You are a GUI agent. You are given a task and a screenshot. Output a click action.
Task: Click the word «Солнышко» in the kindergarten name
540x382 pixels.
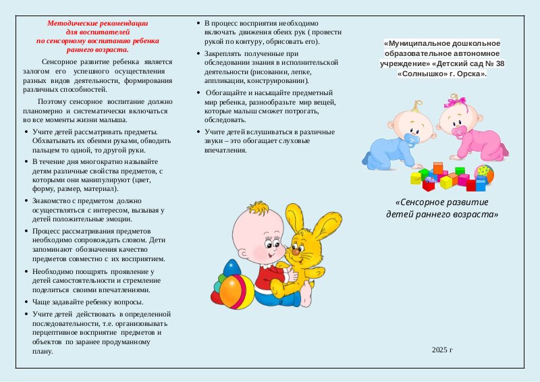(x=418, y=73)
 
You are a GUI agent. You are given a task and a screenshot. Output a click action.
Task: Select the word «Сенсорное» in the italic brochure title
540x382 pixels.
(x=421, y=202)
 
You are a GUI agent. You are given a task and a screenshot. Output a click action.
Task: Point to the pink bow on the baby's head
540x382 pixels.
(x=456, y=103)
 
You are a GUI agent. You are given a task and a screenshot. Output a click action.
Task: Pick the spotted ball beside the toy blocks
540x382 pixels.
(x=484, y=173)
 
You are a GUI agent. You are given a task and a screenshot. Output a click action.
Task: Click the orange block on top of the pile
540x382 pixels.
(x=438, y=167)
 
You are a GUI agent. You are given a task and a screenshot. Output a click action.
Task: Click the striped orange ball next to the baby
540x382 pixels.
(x=234, y=290)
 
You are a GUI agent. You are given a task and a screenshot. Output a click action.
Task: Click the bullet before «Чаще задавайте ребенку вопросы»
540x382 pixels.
(x=26, y=302)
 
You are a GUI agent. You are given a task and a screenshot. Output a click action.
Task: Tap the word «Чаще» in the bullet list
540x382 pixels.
(x=43, y=302)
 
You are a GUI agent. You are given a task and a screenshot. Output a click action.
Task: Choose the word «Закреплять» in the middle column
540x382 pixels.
(x=223, y=53)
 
